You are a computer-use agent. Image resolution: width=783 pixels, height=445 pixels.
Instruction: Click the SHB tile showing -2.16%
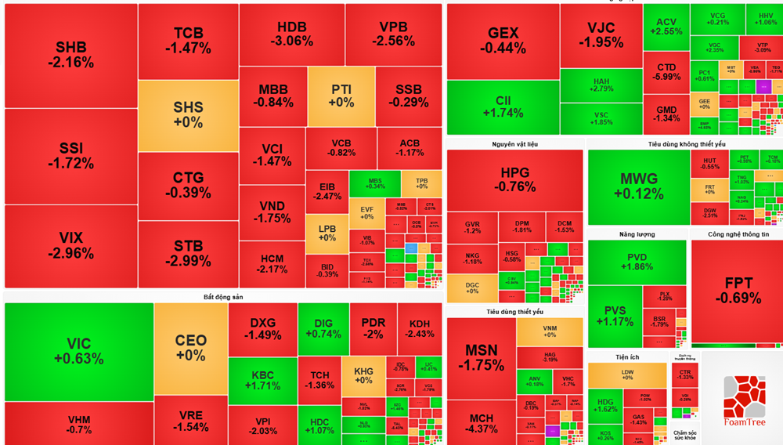[x=70, y=55]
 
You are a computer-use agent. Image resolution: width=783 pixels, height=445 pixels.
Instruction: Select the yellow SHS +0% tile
[x=188, y=115]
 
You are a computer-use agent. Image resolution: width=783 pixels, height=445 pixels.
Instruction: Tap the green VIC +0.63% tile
[x=78, y=351]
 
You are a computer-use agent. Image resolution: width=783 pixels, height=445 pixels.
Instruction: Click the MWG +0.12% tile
[x=638, y=186]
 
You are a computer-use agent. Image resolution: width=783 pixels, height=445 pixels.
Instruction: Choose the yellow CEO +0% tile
[x=190, y=347]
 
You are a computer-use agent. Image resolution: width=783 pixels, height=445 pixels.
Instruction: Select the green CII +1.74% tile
[x=503, y=107]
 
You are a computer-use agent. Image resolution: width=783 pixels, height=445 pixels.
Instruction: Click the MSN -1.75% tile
[x=481, y=357]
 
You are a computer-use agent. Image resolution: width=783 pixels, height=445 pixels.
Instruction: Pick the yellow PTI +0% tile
[x=341, y=96]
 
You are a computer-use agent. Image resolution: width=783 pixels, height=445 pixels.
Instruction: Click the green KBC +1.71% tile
[x=262, y=380]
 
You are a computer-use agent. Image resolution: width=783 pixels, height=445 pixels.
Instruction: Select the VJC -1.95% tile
[x=601, y=35]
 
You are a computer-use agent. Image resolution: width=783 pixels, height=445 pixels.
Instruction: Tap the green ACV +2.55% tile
[x=666, y=27]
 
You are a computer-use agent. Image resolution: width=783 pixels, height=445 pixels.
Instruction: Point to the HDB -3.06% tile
[x=291, y=34]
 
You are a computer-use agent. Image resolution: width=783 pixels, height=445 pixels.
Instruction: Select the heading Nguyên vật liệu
[x=514, y=144]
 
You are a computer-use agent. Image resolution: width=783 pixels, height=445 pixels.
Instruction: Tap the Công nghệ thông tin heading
[x=738, y=234]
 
